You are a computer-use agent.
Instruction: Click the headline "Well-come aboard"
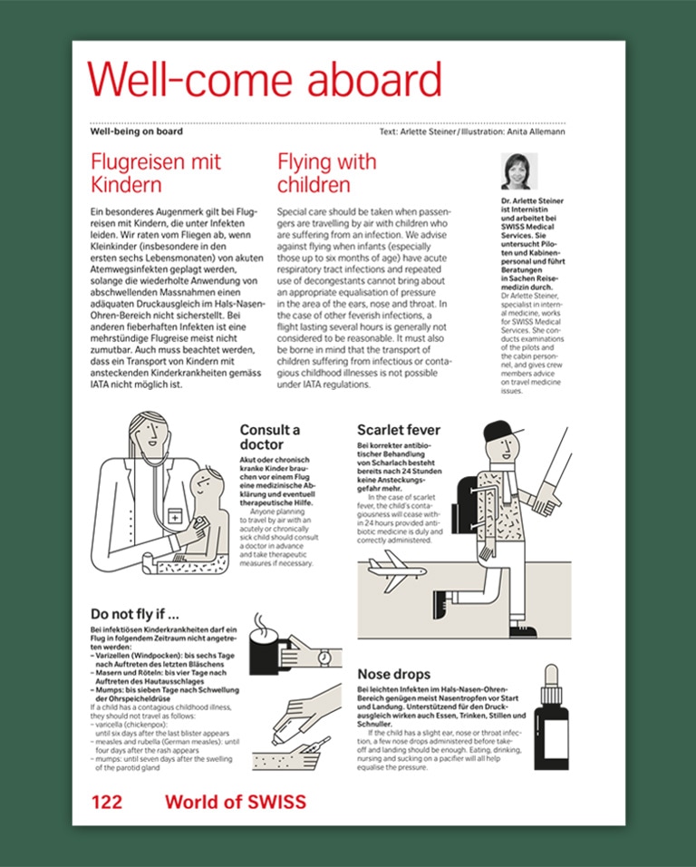265,79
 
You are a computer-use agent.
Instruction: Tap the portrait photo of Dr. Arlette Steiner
519,171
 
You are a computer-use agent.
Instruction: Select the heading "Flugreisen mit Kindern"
156,173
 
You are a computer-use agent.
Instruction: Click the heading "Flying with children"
327,173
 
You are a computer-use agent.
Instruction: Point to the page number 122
107,802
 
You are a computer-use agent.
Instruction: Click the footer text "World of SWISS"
236,802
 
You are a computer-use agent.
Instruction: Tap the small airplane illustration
397,570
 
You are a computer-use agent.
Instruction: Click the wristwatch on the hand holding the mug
324,658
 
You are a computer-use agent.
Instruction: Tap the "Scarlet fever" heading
399,430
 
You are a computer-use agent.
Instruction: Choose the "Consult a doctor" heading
270,437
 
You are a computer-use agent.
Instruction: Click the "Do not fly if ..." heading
135,614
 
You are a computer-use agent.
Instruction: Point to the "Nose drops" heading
394,674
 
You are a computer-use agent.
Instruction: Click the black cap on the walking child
500,432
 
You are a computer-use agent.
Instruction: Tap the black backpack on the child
464,504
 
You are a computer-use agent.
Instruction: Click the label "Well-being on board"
137,132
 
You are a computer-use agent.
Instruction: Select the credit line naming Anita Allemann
472,132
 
